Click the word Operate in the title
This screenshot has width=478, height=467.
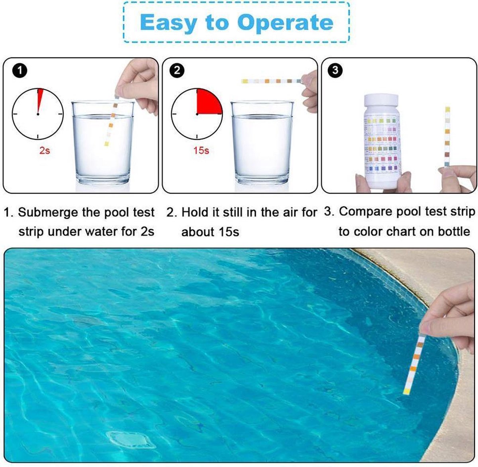[285, 23]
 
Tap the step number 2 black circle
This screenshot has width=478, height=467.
[177, 71]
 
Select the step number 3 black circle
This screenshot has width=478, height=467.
[335, 71]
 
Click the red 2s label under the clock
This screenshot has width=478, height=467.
[45, 151]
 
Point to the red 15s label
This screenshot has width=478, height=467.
[201, 151]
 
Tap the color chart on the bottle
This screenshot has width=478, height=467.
[382, 143]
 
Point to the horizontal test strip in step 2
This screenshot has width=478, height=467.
[271, 81]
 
